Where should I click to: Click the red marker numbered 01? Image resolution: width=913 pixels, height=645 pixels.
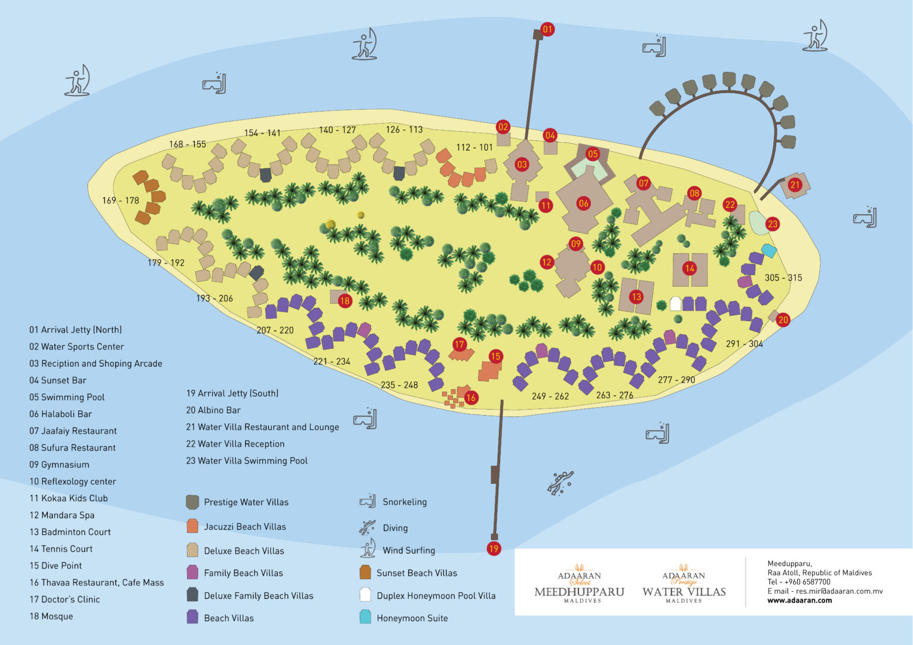point(547,29)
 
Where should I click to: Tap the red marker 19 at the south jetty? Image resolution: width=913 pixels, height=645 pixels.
point(494,548)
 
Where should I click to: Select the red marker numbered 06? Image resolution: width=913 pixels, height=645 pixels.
point(583,203)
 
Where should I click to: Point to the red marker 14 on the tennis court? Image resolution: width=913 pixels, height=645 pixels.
point(690,268)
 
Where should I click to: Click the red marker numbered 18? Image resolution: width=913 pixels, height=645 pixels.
point(345,301)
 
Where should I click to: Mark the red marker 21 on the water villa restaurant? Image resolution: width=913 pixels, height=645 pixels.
point(795,185)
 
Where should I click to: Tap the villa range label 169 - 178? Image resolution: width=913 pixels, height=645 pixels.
point(120,201)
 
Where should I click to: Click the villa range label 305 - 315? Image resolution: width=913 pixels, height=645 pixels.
point(783,278)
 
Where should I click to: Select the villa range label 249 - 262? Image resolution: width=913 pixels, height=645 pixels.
point(550,396)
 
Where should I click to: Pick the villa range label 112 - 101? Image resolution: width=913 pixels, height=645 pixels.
point(474,148)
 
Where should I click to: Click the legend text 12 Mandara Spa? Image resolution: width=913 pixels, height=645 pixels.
point(62,515)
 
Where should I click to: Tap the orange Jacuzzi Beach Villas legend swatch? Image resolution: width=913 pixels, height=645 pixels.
point(192,526)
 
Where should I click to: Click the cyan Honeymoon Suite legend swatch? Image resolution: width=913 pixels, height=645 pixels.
point(365,618)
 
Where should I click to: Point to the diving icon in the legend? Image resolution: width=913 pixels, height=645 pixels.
point(367,527)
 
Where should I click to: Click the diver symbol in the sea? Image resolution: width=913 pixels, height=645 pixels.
point(560,482)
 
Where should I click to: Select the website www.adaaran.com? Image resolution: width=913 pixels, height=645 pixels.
point(799,600)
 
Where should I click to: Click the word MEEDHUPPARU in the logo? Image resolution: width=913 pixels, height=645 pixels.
point(579,592)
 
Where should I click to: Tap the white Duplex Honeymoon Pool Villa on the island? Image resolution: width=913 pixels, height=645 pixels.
point(675,303)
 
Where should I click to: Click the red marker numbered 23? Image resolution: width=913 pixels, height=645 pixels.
point(773,225)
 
